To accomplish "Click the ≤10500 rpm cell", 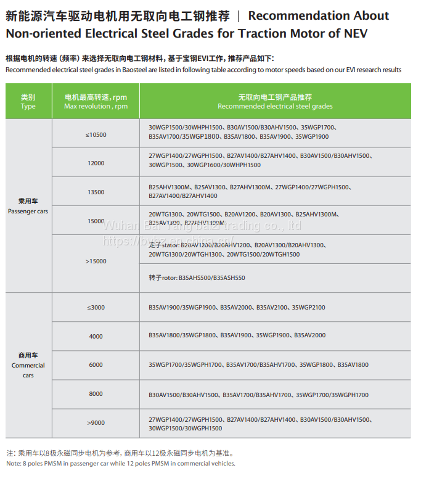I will pyautogui.click(x=96, y=134).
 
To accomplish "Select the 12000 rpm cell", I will pyautogui.click(x=96, y=163).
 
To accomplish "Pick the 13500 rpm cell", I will pyautogui.click(x=96, y=192).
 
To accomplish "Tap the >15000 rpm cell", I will pyautogui.click(x=96, y=261).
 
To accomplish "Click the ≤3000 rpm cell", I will pyautogui.click(x=96, y=307).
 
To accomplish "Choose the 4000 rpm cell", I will pyautogui.click(x=96, y=336).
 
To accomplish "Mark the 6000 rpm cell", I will pyautogui.click(x=96, y=365).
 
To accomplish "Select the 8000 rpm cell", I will pyautogui.click(x=96, y=393).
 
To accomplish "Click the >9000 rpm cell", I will pyautogui.click(x=96, y=422).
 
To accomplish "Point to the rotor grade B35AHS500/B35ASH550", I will pyautogui.click(x=211, y=278).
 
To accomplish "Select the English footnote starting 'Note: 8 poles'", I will pyautogui.click(x=120, y=463).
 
